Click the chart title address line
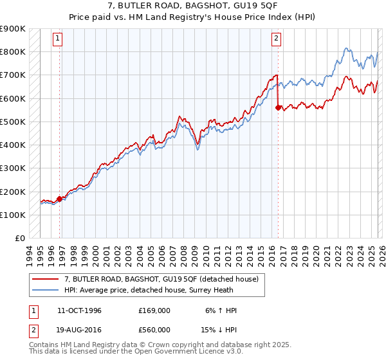click(193, 6)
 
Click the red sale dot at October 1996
click(59, 199)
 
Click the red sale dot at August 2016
click(278, 108)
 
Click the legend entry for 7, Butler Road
click(161, 278)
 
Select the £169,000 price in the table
click(154, 310)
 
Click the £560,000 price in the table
click(154, 329)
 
